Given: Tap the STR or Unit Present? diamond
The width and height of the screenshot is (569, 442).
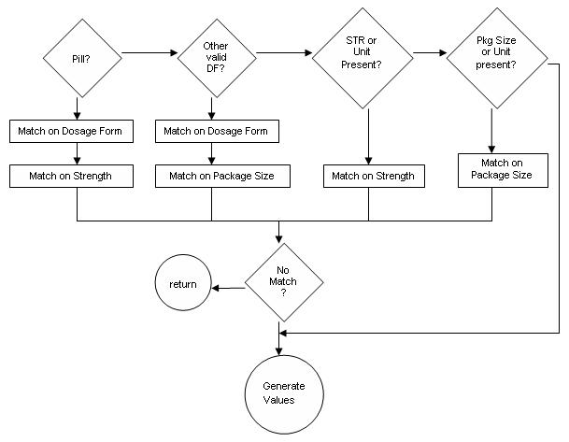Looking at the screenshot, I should point(362,54).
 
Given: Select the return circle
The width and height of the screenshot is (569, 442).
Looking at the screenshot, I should point(182,284).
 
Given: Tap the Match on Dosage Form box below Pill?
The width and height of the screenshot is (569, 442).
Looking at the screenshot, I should point(76,132).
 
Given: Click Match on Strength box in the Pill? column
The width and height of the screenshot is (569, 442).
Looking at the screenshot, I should point(76,175).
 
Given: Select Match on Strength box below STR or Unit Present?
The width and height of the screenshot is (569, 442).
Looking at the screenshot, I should point(372,175).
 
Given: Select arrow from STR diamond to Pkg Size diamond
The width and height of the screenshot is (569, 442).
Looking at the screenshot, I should point(429,54).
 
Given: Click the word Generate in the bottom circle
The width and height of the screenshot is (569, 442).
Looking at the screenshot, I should point(279,386).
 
